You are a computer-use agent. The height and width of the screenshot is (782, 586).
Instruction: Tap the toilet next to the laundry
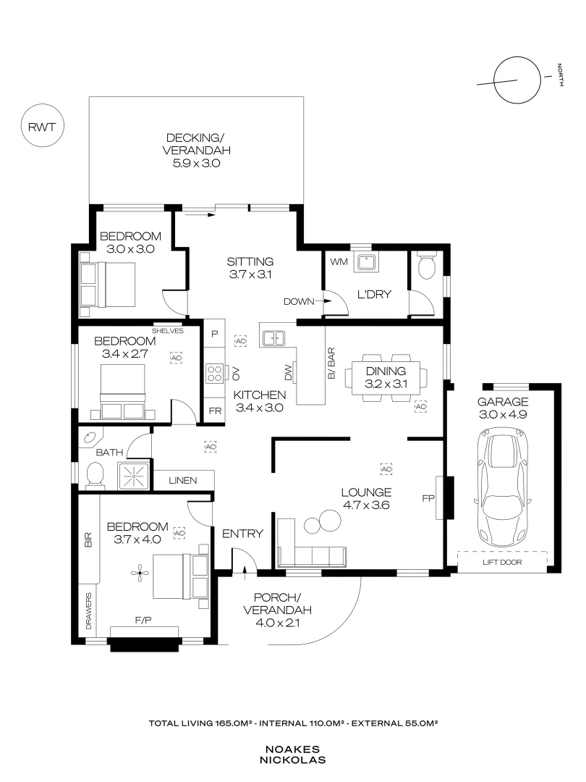[427, 266]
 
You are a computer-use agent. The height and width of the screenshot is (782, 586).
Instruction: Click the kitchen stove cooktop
[215, 373]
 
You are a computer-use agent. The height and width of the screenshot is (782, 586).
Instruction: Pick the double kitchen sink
[273, 337]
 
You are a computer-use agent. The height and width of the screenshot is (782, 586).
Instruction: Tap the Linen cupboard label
[183, 480]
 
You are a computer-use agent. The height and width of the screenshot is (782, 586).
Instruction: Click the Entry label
[242, 534]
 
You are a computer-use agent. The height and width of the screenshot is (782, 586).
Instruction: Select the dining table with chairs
[385, 377]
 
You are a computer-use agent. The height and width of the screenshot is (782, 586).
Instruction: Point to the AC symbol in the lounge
[386, 468]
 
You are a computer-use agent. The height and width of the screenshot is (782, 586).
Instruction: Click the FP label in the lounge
[427, 498]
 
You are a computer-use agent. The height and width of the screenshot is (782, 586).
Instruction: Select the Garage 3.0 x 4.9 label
[503, 408]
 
